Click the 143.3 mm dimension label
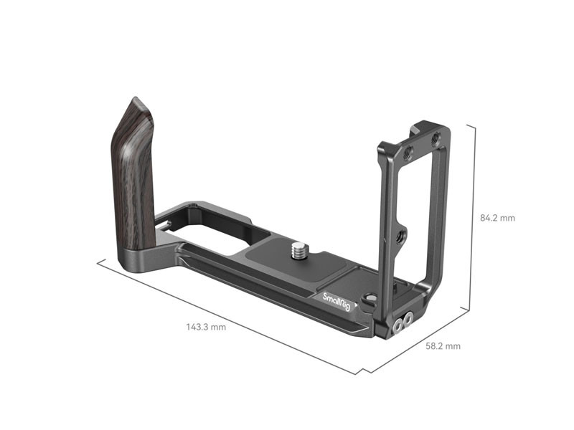click(x=206, y=327)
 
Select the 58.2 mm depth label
click(x=443, y=346)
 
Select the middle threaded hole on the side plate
click(x=400, y=236)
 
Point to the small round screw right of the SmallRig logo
click(x=371, y=299)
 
